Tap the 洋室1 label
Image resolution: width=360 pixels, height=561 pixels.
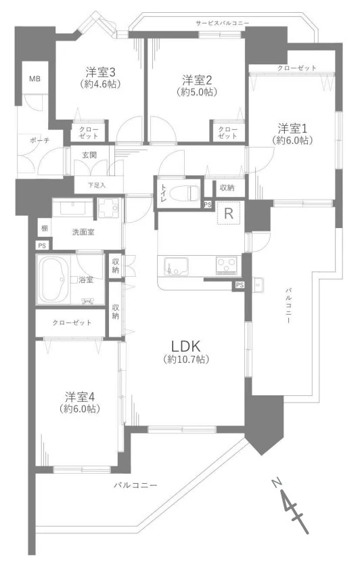tap(292, 129)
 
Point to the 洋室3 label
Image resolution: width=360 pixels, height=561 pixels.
tap(100, 72)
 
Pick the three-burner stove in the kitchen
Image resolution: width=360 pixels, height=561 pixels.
tap(226, 265)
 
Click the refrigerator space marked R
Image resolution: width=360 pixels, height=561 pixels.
tap(228, 214)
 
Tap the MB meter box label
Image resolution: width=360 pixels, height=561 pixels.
tap(35, 78)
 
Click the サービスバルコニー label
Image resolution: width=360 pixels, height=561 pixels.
tap(222, 23)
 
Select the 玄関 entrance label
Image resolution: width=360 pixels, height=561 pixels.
tap(89, 155)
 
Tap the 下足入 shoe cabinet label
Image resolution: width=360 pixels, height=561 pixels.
tap(97, 185)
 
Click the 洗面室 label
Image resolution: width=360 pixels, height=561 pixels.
tap(83, 232)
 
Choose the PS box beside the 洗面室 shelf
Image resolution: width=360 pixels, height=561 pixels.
tap(43, 246)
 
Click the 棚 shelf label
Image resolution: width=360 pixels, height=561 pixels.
tap(44, 228)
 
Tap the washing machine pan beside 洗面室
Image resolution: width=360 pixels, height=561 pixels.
tap(110, 209)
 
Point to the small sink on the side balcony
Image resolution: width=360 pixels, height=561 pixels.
tap(258, 284)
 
